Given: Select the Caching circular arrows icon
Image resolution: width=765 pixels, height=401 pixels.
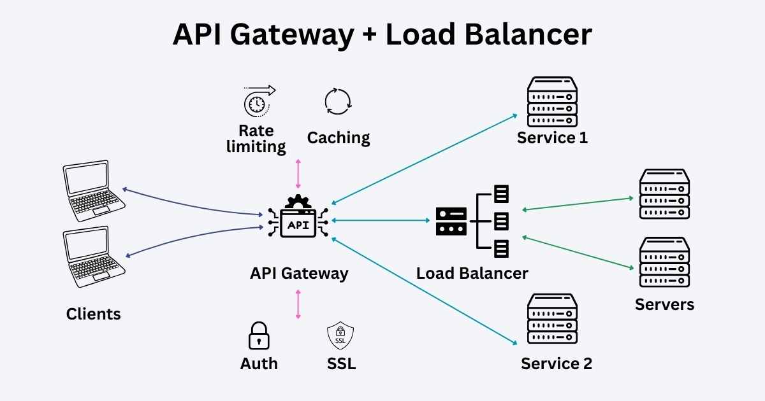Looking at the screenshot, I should pos(338,101).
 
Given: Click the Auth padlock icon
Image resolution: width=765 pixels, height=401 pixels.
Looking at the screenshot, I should pos(259,335).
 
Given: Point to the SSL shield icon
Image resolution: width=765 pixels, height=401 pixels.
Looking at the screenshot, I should pos(340,336).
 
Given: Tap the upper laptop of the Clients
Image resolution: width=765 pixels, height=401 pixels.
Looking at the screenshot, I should pos(94,190).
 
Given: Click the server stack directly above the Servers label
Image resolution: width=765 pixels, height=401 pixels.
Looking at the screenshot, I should pos(664,264).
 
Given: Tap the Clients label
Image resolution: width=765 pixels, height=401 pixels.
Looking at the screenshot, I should pos(93,314).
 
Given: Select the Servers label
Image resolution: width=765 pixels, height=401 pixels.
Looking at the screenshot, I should pos(664,304).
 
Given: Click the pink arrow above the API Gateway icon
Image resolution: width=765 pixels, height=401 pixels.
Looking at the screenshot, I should pos(298,174).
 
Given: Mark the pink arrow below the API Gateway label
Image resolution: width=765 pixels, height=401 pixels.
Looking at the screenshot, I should pos(298,304).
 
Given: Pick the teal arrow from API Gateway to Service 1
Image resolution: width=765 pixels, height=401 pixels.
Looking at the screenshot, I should pos(424,159).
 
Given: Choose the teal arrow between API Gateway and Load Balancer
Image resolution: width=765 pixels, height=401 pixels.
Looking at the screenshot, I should pos(381,220).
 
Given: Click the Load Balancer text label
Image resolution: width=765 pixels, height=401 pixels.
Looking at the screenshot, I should pos(472,274).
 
